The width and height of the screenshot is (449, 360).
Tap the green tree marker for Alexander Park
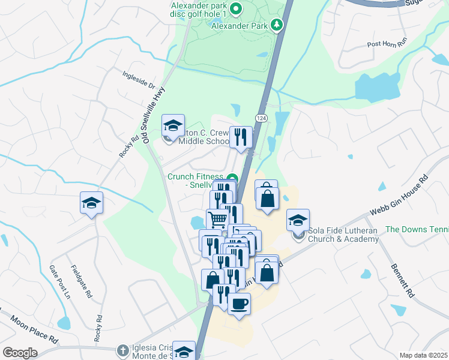(x=277, y=25)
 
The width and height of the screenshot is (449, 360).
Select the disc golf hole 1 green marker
(x=236, y=8)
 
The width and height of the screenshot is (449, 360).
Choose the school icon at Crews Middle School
(x=173, y=126)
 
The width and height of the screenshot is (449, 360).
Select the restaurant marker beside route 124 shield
(x=241, y=137)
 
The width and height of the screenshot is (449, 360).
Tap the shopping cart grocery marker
(x=217, y=220)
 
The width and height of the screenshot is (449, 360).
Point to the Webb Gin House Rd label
(x=400, y=196)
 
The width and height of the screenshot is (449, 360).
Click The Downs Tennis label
(x=417, y=229)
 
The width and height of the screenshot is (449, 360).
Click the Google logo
(x=20, y=352)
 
